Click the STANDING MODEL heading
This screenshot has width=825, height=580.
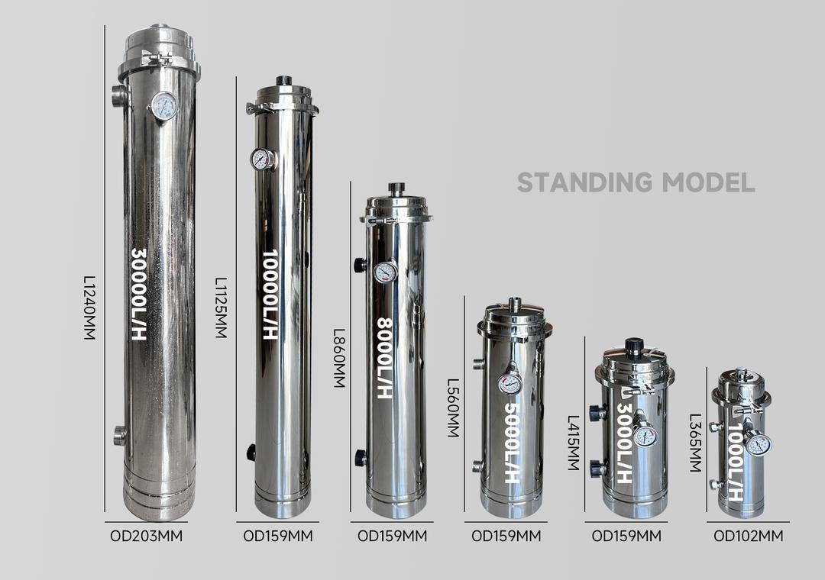[636, 182]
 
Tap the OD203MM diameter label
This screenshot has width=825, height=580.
[146, 536]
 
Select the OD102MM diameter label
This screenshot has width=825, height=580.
[748, 536]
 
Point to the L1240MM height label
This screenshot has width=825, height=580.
[90, 308]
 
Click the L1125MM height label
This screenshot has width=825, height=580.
[222, 308]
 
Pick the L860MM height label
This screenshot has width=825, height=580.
[339, 359]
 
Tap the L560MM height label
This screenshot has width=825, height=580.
[453, 408]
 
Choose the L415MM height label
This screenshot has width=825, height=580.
[574, 443]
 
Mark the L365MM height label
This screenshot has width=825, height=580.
[696, 443]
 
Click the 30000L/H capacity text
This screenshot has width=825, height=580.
[139, 295]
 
